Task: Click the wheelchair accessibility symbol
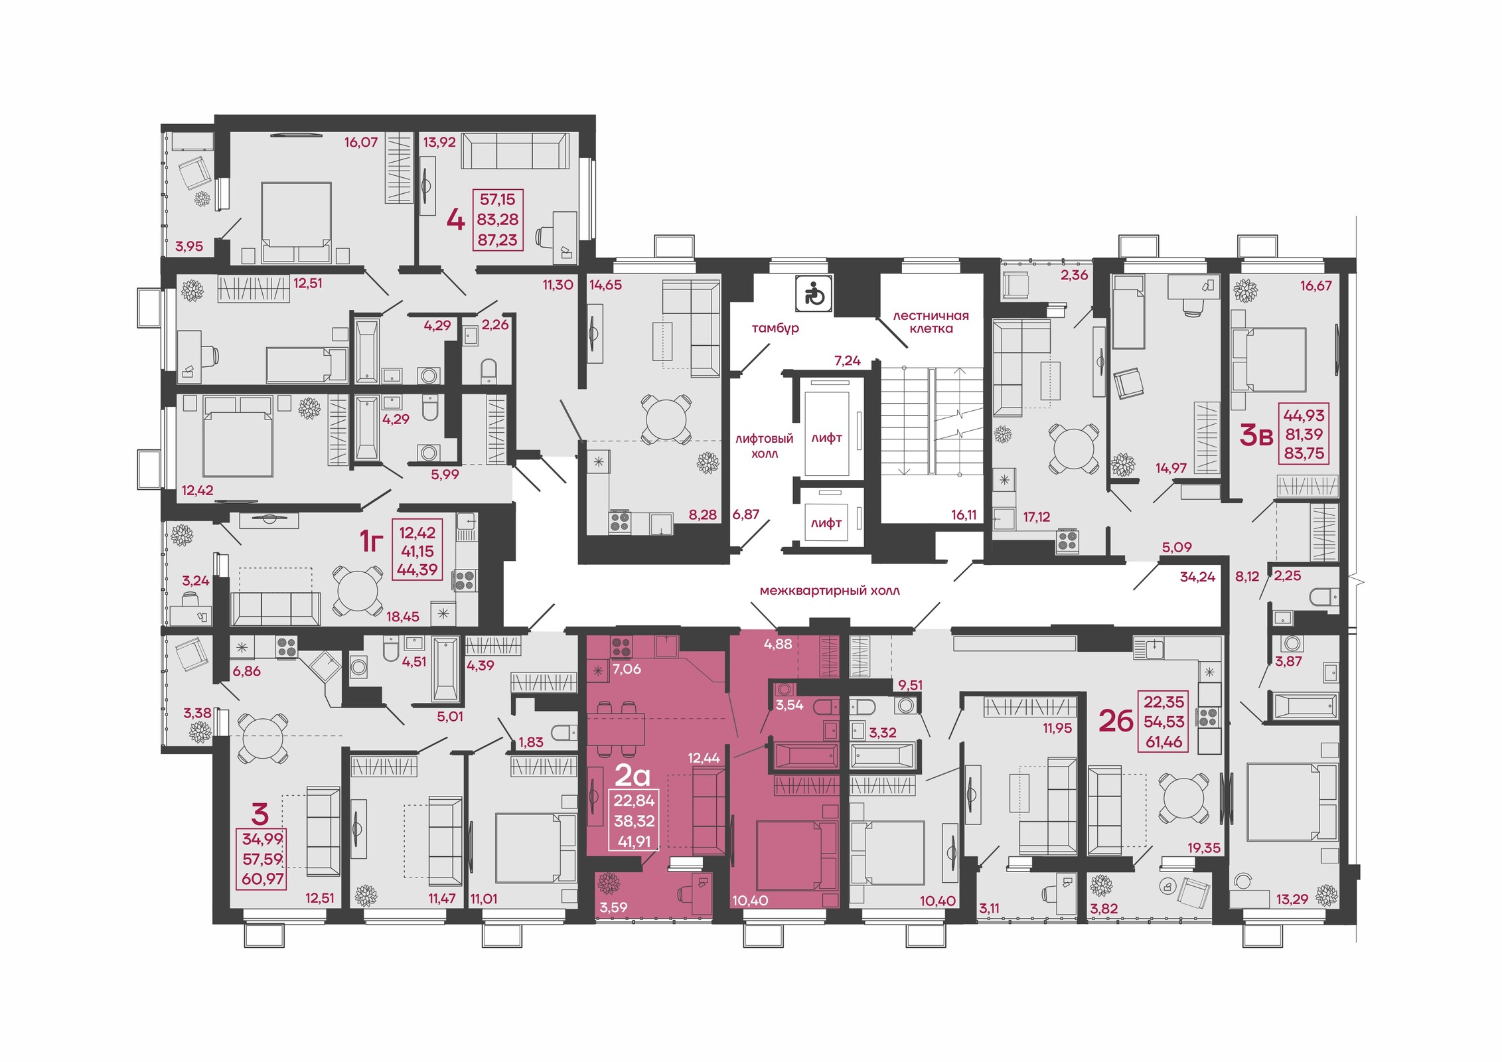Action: point(814,294)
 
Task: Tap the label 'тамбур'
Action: point(775,328)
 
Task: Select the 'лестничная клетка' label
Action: point(931,322)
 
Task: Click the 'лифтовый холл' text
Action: point(764,446)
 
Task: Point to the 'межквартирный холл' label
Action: point(830,591)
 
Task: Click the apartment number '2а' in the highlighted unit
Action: point(633,775)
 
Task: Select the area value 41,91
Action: point(634,842)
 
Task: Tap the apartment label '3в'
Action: point(1256,435)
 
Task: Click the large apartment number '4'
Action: point(455,219)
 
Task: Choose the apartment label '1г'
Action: point(372,542)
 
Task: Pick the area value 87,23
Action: point(498,240)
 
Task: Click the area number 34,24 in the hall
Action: point(1197,577)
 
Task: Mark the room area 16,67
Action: point(1316,285)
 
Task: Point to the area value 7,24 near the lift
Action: point(848,360)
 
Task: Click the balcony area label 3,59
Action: point(613,907)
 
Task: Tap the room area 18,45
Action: point(403,616)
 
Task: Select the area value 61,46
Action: point(1164,742)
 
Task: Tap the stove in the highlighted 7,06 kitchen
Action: point(621,647)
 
